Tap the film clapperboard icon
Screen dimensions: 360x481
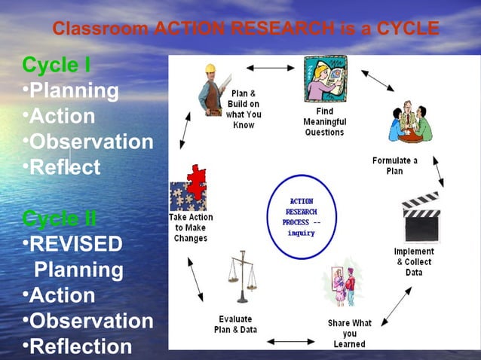[419, 216]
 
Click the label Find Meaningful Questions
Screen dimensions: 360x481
[325, 121]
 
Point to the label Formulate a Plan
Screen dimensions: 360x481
[394, 166]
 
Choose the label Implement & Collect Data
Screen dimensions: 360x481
[414, 261]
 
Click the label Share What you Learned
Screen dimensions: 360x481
[349, 333]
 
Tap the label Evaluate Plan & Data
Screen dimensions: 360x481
[235, 325]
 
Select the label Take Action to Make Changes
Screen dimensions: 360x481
[191, 227]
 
